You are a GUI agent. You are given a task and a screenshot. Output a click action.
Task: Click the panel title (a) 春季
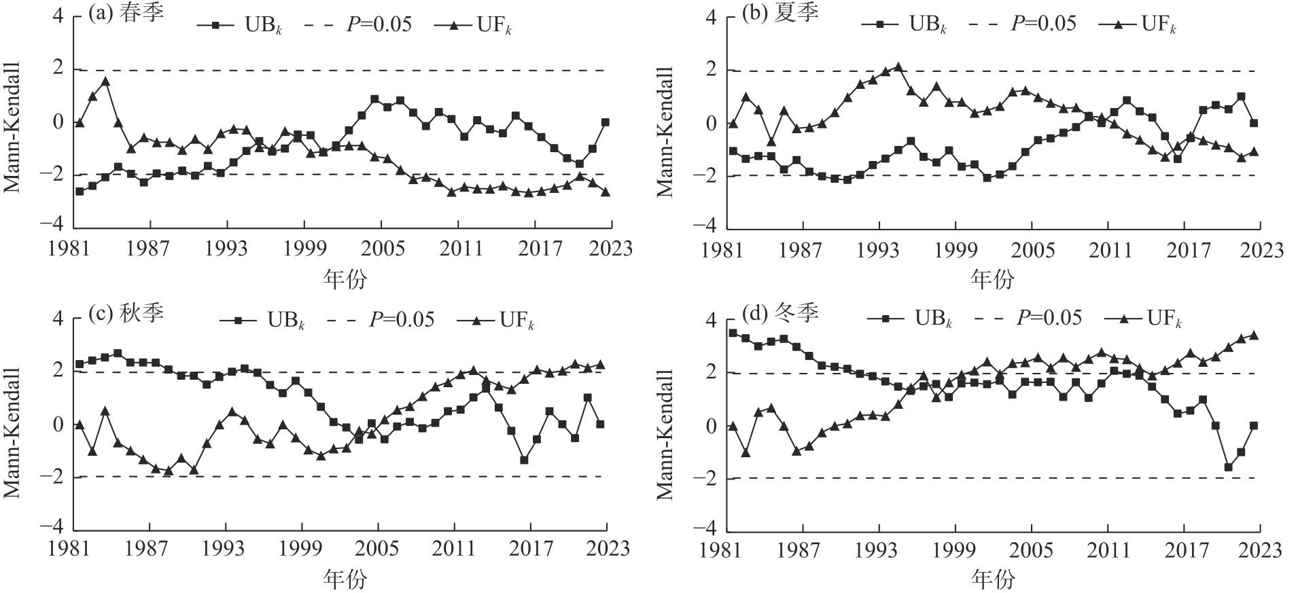(126, 14)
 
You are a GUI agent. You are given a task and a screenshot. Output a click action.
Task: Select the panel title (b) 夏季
(780, 14)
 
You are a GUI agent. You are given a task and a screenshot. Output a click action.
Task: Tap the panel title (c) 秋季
(126, 313)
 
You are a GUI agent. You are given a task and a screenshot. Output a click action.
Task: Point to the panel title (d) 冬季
(780, 313)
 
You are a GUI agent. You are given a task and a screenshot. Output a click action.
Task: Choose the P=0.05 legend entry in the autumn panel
(380, 319)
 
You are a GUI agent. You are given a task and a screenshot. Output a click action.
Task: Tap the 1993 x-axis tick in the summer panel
(880, 250)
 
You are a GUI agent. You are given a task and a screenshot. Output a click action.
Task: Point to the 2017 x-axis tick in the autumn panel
(531, 547)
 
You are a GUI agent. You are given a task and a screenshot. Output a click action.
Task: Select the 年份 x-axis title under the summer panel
(993, 279)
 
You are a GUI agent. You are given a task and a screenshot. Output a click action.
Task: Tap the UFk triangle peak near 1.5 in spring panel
(105, 82)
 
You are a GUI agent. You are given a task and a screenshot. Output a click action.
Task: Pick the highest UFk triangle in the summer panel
(898, 67)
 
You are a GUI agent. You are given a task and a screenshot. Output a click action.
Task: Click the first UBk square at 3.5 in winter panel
(733, 333)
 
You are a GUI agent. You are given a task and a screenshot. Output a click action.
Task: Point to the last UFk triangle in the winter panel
(1254, 335)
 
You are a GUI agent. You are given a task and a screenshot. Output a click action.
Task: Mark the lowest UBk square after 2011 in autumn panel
(524, 460)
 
